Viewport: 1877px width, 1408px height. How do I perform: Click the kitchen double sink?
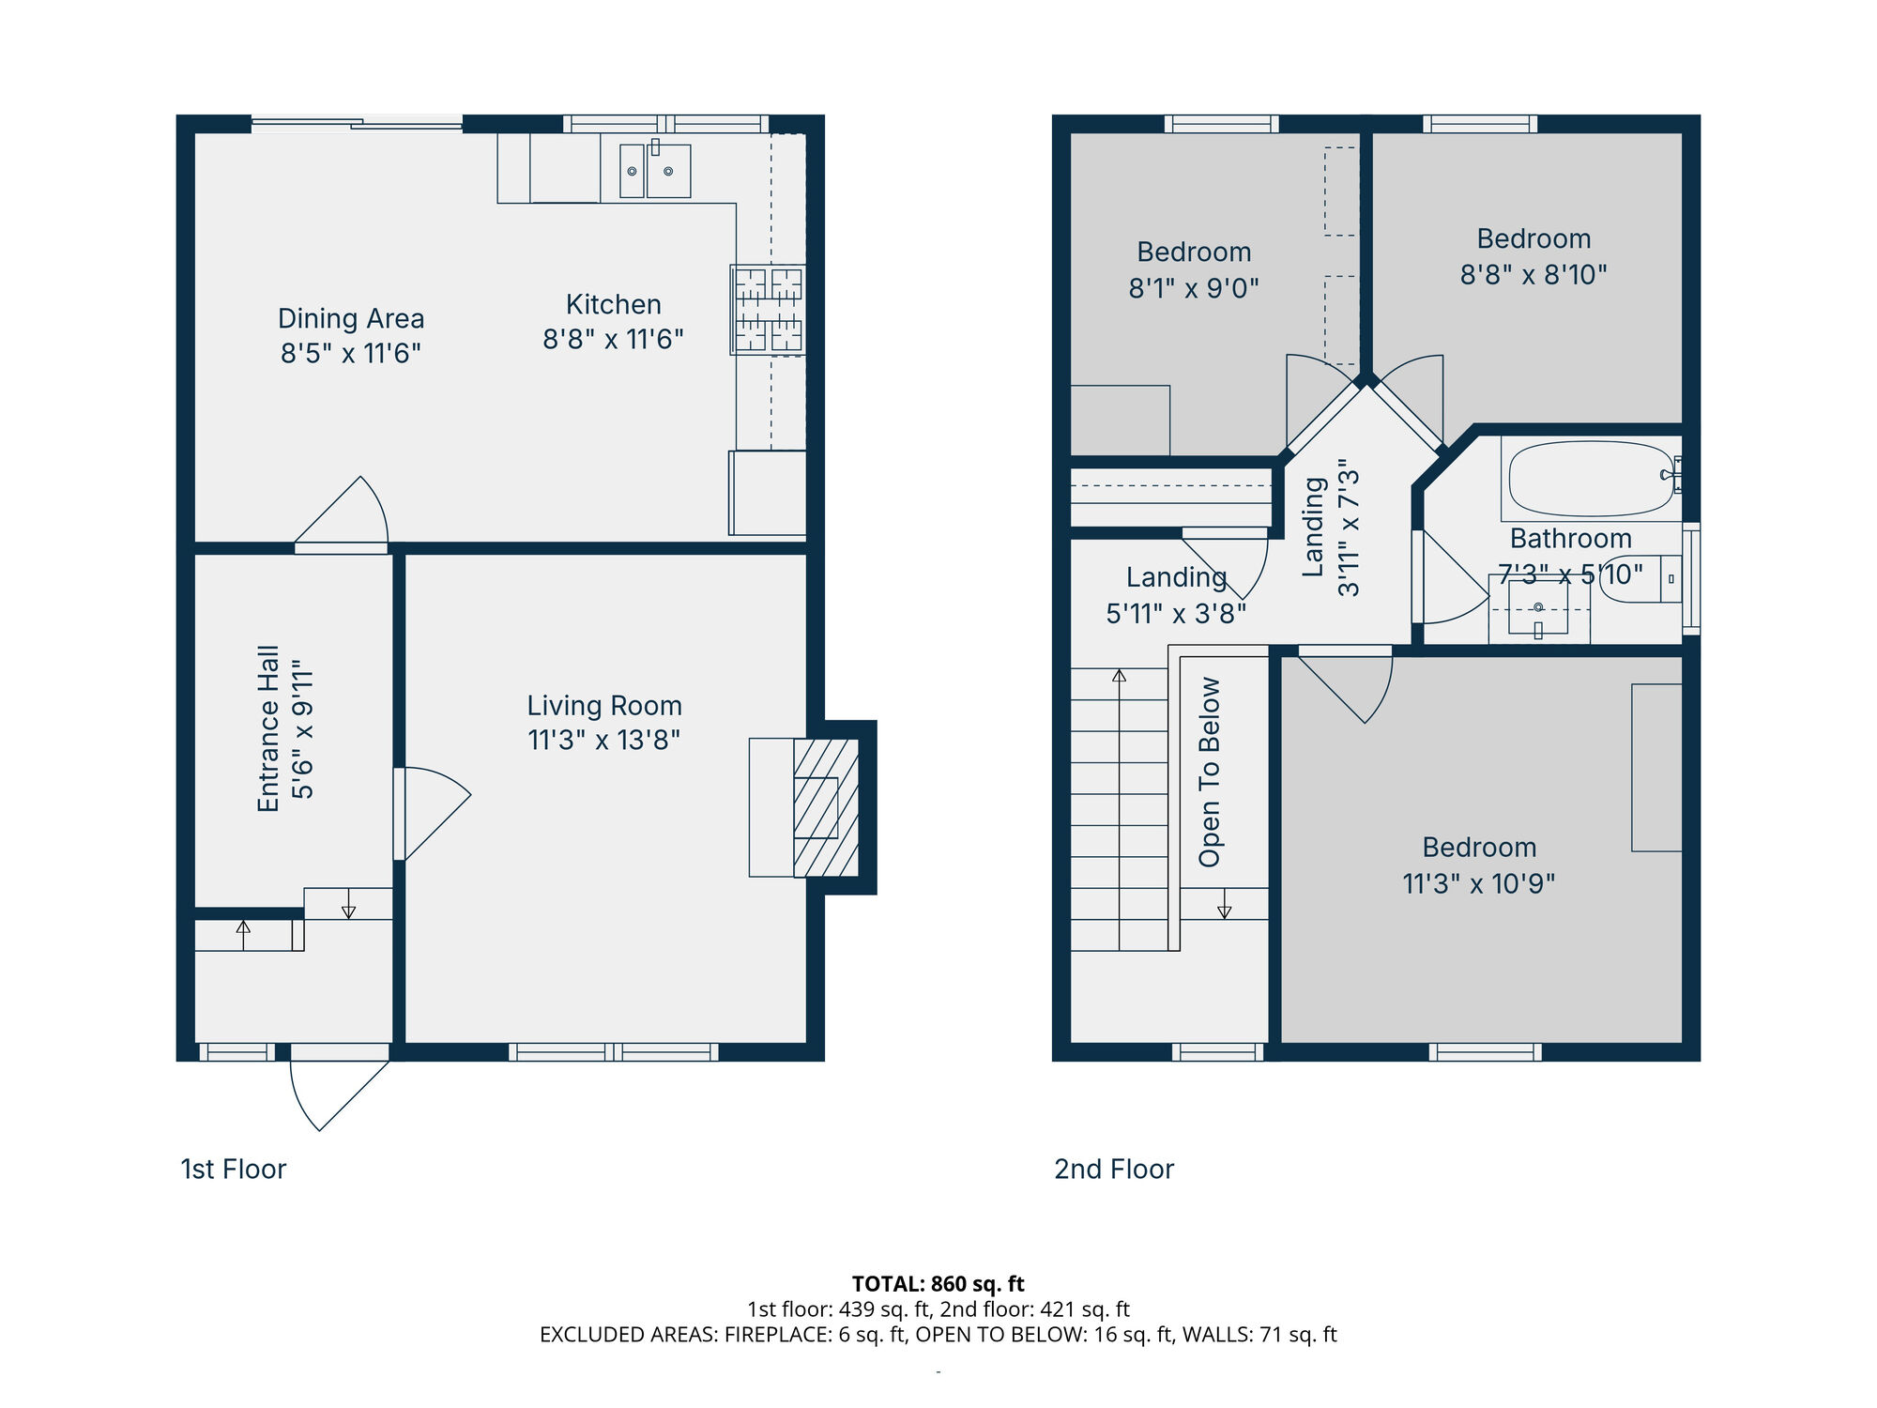click(655, 171)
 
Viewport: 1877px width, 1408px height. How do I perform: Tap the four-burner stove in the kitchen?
click(768, 310)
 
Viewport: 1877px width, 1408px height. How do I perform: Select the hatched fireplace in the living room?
click(826, 807)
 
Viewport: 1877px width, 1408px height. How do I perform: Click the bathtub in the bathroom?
click(1591, 479)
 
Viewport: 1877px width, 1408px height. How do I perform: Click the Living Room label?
click(604, 706)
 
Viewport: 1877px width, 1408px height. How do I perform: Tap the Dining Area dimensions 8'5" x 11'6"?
click(350, 354)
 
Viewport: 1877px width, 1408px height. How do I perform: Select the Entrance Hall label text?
click(268, 728)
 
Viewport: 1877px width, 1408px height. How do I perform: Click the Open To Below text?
click(1210, 772)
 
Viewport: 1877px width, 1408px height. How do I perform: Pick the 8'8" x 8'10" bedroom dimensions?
click(1534, 275)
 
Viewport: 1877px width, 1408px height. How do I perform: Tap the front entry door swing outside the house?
click(333, 1094)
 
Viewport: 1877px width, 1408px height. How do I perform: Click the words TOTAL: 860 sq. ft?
click(938, 1284)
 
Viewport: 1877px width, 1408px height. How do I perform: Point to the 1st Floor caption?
click(233, 1170)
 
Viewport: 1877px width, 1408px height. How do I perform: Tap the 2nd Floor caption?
click(1114, 1170)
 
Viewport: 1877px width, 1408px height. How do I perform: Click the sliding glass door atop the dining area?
click(357, 123)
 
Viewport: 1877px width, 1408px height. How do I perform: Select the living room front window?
click(614, 1052)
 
